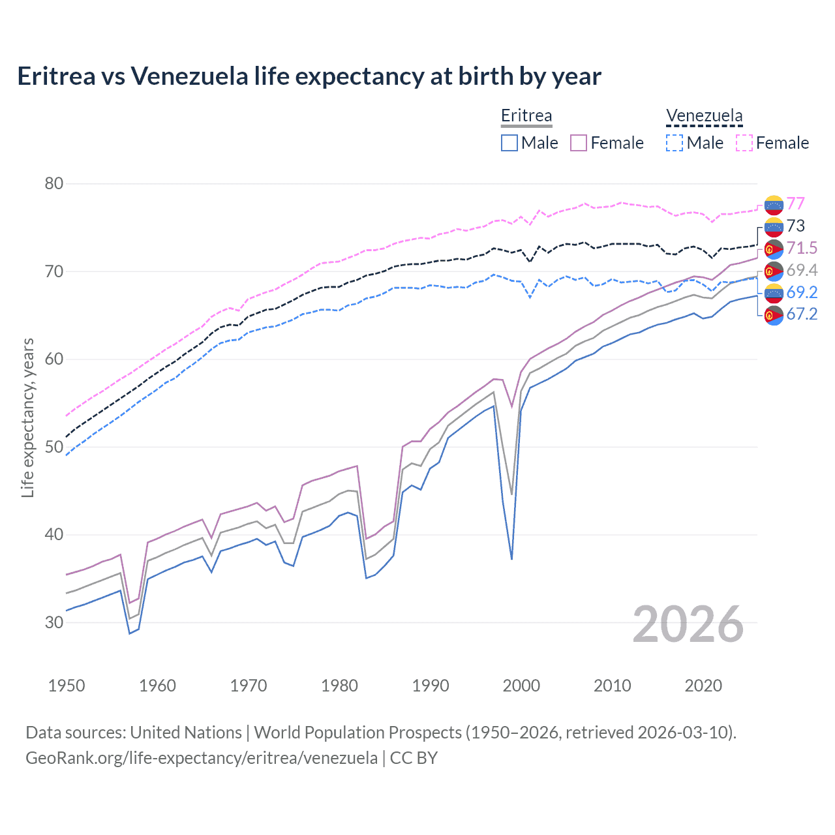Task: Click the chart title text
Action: pyautogui.click(x=309, y=76)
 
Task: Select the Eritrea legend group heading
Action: pyautogui.click(x=526, y=115)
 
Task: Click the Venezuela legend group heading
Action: pyautogui.click(x=704, y=115)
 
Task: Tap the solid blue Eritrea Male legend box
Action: pyautogui.click(x=509, y=143)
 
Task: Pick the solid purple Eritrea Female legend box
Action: pyautogui.click(x=579, y=143)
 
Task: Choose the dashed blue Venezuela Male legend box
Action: pyautogui.click(x=675, y=143)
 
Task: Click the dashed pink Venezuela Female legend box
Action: pyautogui.click(x=744, y=143)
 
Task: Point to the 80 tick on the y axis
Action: pyautogui.click(x=54, y=183)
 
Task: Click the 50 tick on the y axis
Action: pyautogui.click(x=54, y=447)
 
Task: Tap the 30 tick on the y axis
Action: pyautogui.click(x=54, y=622)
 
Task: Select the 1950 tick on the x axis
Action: pyautogui.click(x=67, y=686)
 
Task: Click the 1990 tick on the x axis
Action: pyautogui.click(x=431, y=686)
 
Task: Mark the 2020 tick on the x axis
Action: pyautogui.click(x=703, y=686)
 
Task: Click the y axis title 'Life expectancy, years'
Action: pyautogui.click(x=28, y=417)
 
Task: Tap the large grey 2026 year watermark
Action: pyautogui.click(x=688, y=624)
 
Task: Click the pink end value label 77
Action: pyautogui.click(x=795, y=204)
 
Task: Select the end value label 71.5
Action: pyautogui.click(x=802, y=248)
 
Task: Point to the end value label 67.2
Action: pyautogui.click(x=802, y=314)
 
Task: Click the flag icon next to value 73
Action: pyautogui.click(x=774, y=226)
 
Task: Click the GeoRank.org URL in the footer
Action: pyautogui.click(x=202, y=758)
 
